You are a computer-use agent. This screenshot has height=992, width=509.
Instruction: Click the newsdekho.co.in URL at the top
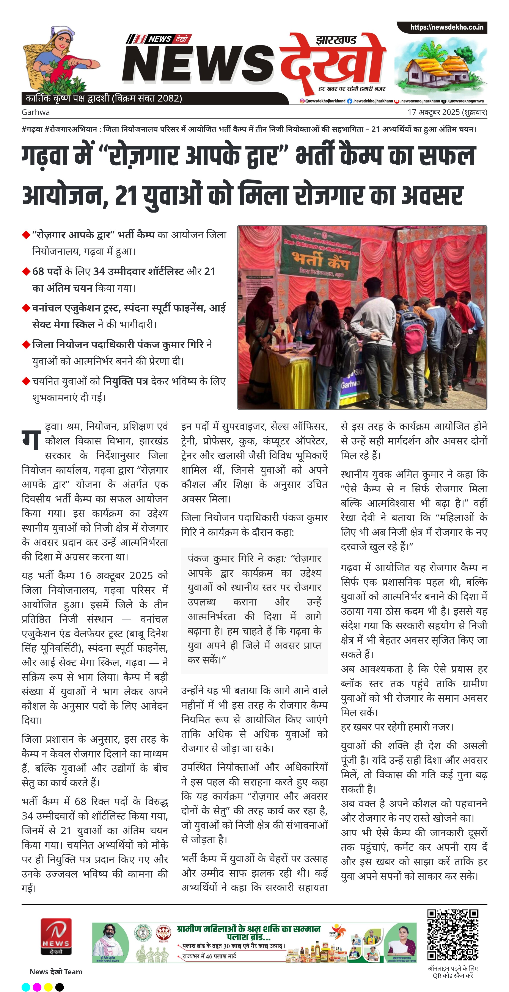(x=446, y=27)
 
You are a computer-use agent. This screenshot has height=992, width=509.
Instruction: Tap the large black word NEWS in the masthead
(x=198, y=64)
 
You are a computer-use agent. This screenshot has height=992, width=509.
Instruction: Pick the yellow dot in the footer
(x=48, y=987)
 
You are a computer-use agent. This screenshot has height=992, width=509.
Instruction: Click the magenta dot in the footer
(x=37, y=987)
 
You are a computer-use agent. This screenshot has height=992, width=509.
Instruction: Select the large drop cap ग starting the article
(x=31, y=438)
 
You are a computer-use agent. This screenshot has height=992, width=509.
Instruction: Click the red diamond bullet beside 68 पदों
(x=26, y=271)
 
